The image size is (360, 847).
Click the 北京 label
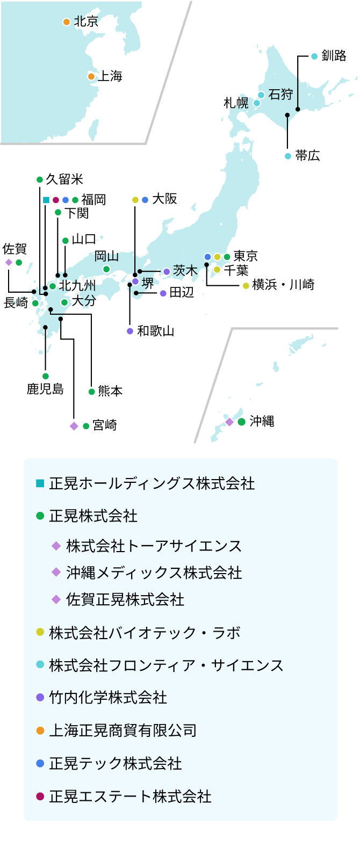pyautogui.click(x=86, y=21)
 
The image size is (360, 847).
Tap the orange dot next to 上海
pyautogui.click(x=91, y=77)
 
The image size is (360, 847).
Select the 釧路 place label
pyautogui.click(x=334, y=56)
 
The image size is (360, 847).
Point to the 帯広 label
pyautogui.click(x=307, y=156)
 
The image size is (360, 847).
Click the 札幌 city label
pyautogui.click(x=236, y=103)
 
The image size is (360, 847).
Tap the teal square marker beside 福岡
pyautogui.click(x=46, y=200)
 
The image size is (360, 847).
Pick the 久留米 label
pyautogui.click(x=64, y=179)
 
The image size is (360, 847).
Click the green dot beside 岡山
pyautogui.click(x=106, y=269)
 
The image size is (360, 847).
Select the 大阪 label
pyautogui.click(x=164, y=199)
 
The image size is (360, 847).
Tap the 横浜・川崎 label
pyautogui.click(x=283, y=285)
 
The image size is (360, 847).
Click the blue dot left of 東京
pyautogui.click(x=208, y=257)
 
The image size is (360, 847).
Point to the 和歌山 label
pyautogui.click(x=156, y=331)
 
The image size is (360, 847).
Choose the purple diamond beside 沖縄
pyautogui.click(x=229, y=422)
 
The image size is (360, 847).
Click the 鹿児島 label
pyautogui.click(x=45, y=389)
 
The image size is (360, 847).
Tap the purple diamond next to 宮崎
pyautogui.click(x=74, y=426)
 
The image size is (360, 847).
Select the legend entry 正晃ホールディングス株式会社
pyautogui.click(x=152, y=483)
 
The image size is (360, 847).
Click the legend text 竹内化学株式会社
pyautogui.click(x=108, y=698)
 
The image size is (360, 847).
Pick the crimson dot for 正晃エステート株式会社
pyautogui.click(x=40, y=797)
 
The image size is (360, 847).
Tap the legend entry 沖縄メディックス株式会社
pyautogui.click(x=154, y=573)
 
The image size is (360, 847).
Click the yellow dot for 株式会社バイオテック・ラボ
pyautogui.click(x=40, y=633)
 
